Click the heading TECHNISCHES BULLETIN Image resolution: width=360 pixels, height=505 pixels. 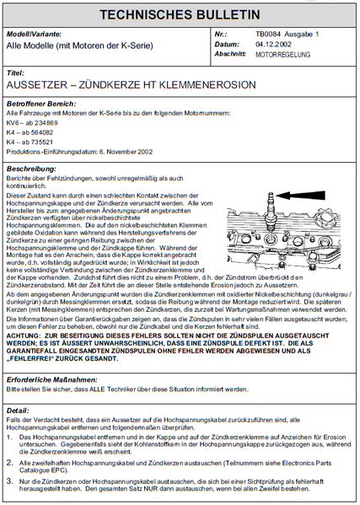(x=180, y=14)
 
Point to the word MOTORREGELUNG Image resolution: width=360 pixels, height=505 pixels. (x=282, y=54)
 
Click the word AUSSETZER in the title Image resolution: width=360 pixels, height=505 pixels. (x=38, y=86)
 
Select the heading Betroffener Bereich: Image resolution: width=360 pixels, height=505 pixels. (x=36, y=103)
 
